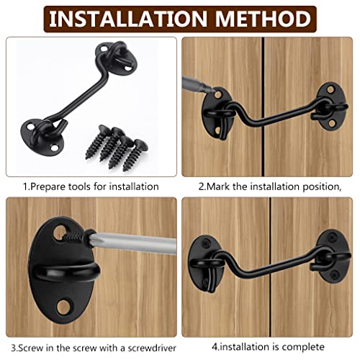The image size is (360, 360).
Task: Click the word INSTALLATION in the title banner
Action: (x=127, y=19)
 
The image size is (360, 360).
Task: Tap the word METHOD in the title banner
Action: (x=263, y=19)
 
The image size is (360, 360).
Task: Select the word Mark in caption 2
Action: (x=218, y=186)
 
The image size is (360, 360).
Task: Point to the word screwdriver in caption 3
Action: (x=152, y=348)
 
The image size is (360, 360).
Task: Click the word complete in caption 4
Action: (x=303, y=347)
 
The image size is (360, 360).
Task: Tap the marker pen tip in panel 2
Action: (x=212, y=90)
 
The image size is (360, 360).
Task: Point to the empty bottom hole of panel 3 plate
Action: (x=63, y=307)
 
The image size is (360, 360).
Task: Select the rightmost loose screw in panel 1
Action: (x=135, y=155)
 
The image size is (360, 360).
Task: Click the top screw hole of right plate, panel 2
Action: (x=330, y=90)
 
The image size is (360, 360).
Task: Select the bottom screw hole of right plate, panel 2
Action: (x=332, y=123)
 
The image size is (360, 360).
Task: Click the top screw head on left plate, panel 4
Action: (x=206, y=244)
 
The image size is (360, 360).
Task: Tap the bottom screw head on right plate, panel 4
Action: (x=333, y=274)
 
